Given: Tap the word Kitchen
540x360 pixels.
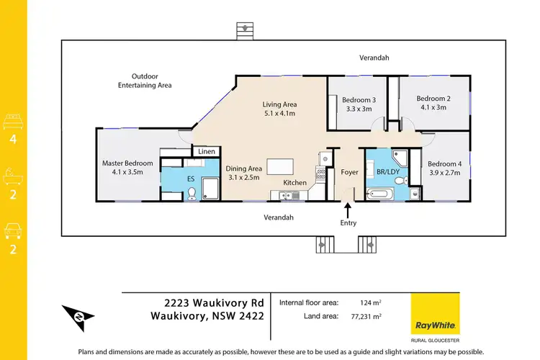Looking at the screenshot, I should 295,183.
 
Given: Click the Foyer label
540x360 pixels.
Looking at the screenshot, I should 349,173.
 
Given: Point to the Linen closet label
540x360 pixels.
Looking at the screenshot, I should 207,151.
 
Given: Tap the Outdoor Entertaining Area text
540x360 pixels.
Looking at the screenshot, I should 145,81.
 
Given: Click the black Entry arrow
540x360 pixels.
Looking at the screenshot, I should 348,210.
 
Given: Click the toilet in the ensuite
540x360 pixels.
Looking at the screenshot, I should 192,193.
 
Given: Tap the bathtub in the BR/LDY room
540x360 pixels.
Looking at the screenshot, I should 380,193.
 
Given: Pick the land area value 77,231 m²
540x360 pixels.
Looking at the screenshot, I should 365,316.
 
